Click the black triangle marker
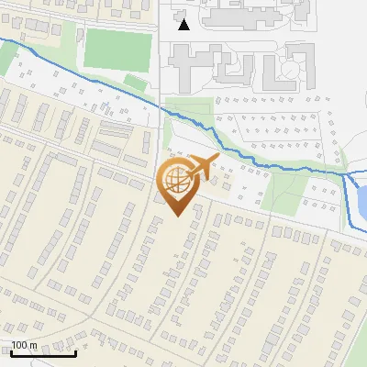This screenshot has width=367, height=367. coord(184,24)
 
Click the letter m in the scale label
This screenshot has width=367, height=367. coord(33,345)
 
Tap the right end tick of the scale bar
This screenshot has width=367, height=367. coord(76,351)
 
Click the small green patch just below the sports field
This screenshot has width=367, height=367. coord(135,83)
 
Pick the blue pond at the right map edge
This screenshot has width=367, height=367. coord(361,195)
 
